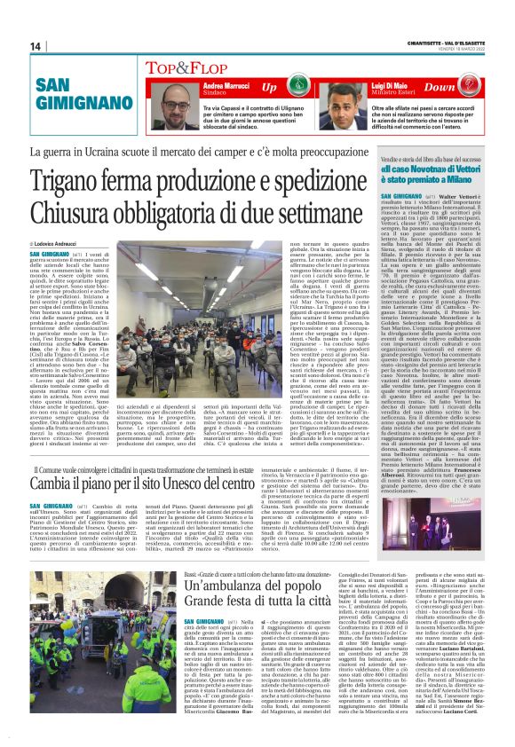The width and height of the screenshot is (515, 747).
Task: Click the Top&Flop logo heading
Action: pyautogui.click(x=184, y=67)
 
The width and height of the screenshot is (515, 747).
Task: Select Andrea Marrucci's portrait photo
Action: pyautogui.click(x=180, y=106)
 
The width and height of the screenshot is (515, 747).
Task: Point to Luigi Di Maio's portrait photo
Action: pyautogui.click(x=360, y=106)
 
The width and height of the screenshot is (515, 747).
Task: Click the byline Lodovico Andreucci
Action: pyautogui.click(x=56, y=243)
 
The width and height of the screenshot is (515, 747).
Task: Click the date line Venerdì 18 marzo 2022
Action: pyautogui.click(x=462, y=50)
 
